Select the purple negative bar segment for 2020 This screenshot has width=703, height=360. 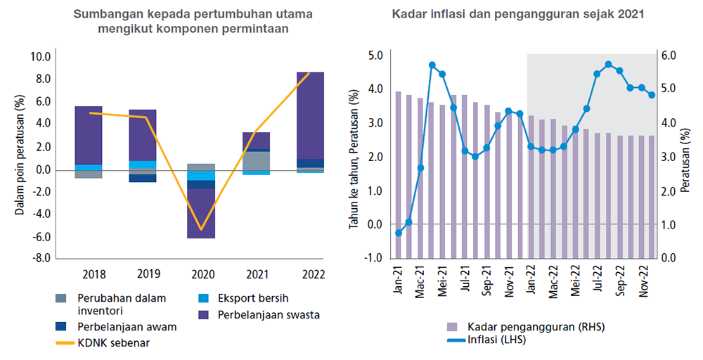click(x=201, y=214)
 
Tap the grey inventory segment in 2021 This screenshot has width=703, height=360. click(x=256, y=161)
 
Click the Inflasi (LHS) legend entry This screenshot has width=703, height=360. click(x=496, y=340)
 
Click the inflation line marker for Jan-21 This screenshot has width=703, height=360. click(x=399, y=233)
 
